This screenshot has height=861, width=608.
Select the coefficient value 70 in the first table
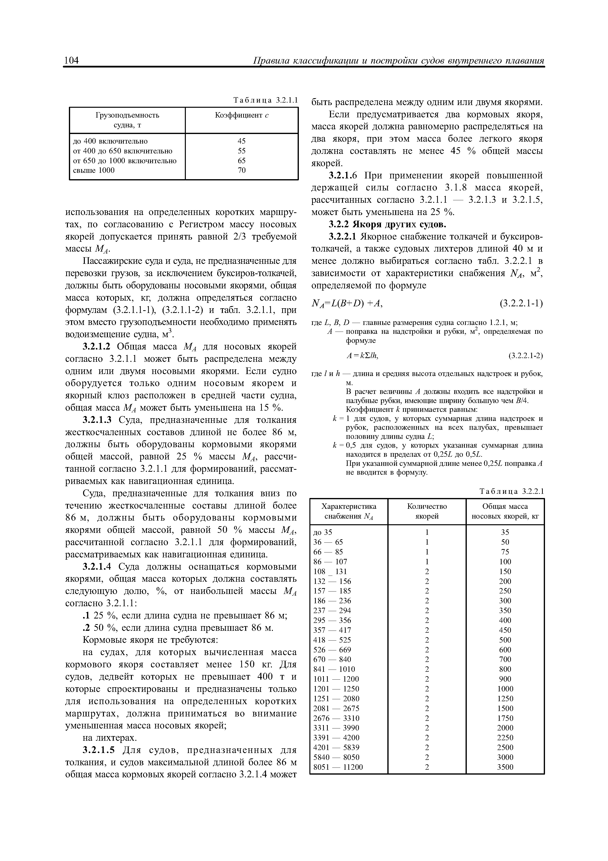point(242,170)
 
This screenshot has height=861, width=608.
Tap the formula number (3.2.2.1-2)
point(526,355)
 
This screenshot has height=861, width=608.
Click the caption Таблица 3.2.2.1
point(511,492)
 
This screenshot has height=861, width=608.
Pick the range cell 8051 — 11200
point(338,767)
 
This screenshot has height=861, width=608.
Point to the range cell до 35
point(323,532)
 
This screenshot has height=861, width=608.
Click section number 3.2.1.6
point(345,175)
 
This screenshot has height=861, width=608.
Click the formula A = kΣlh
point(362,355)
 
